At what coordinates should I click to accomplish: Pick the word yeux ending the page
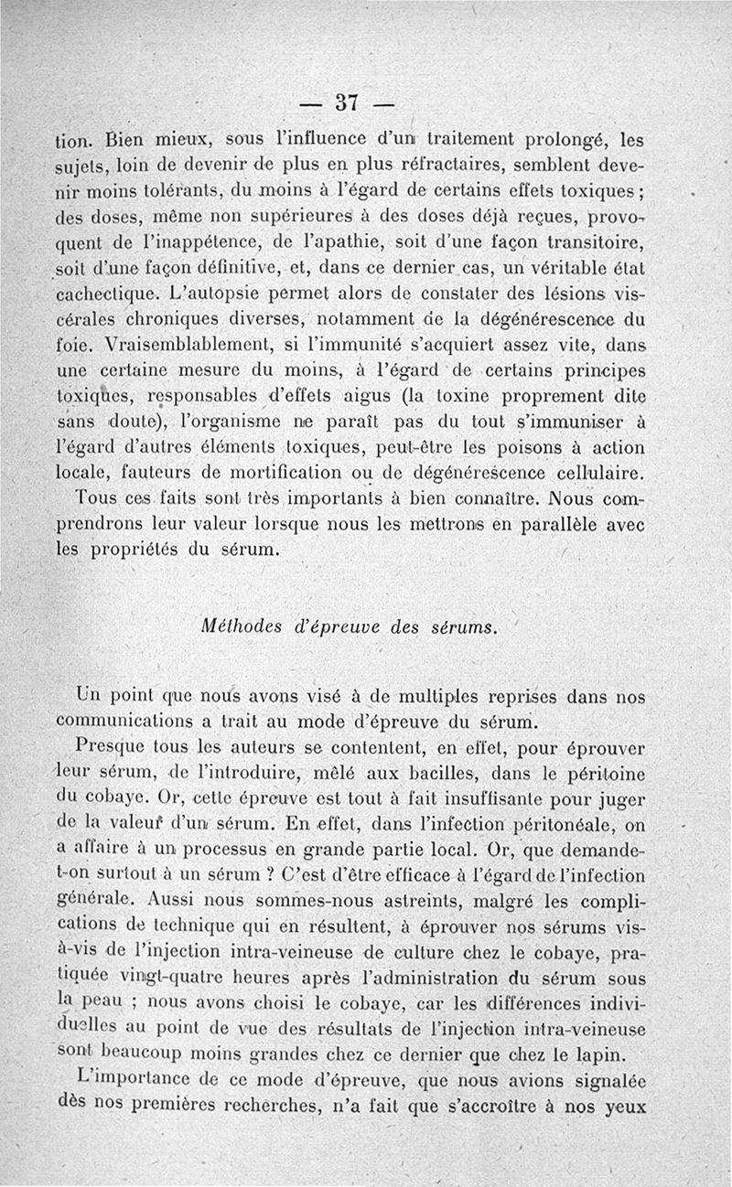pos(628,1105)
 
